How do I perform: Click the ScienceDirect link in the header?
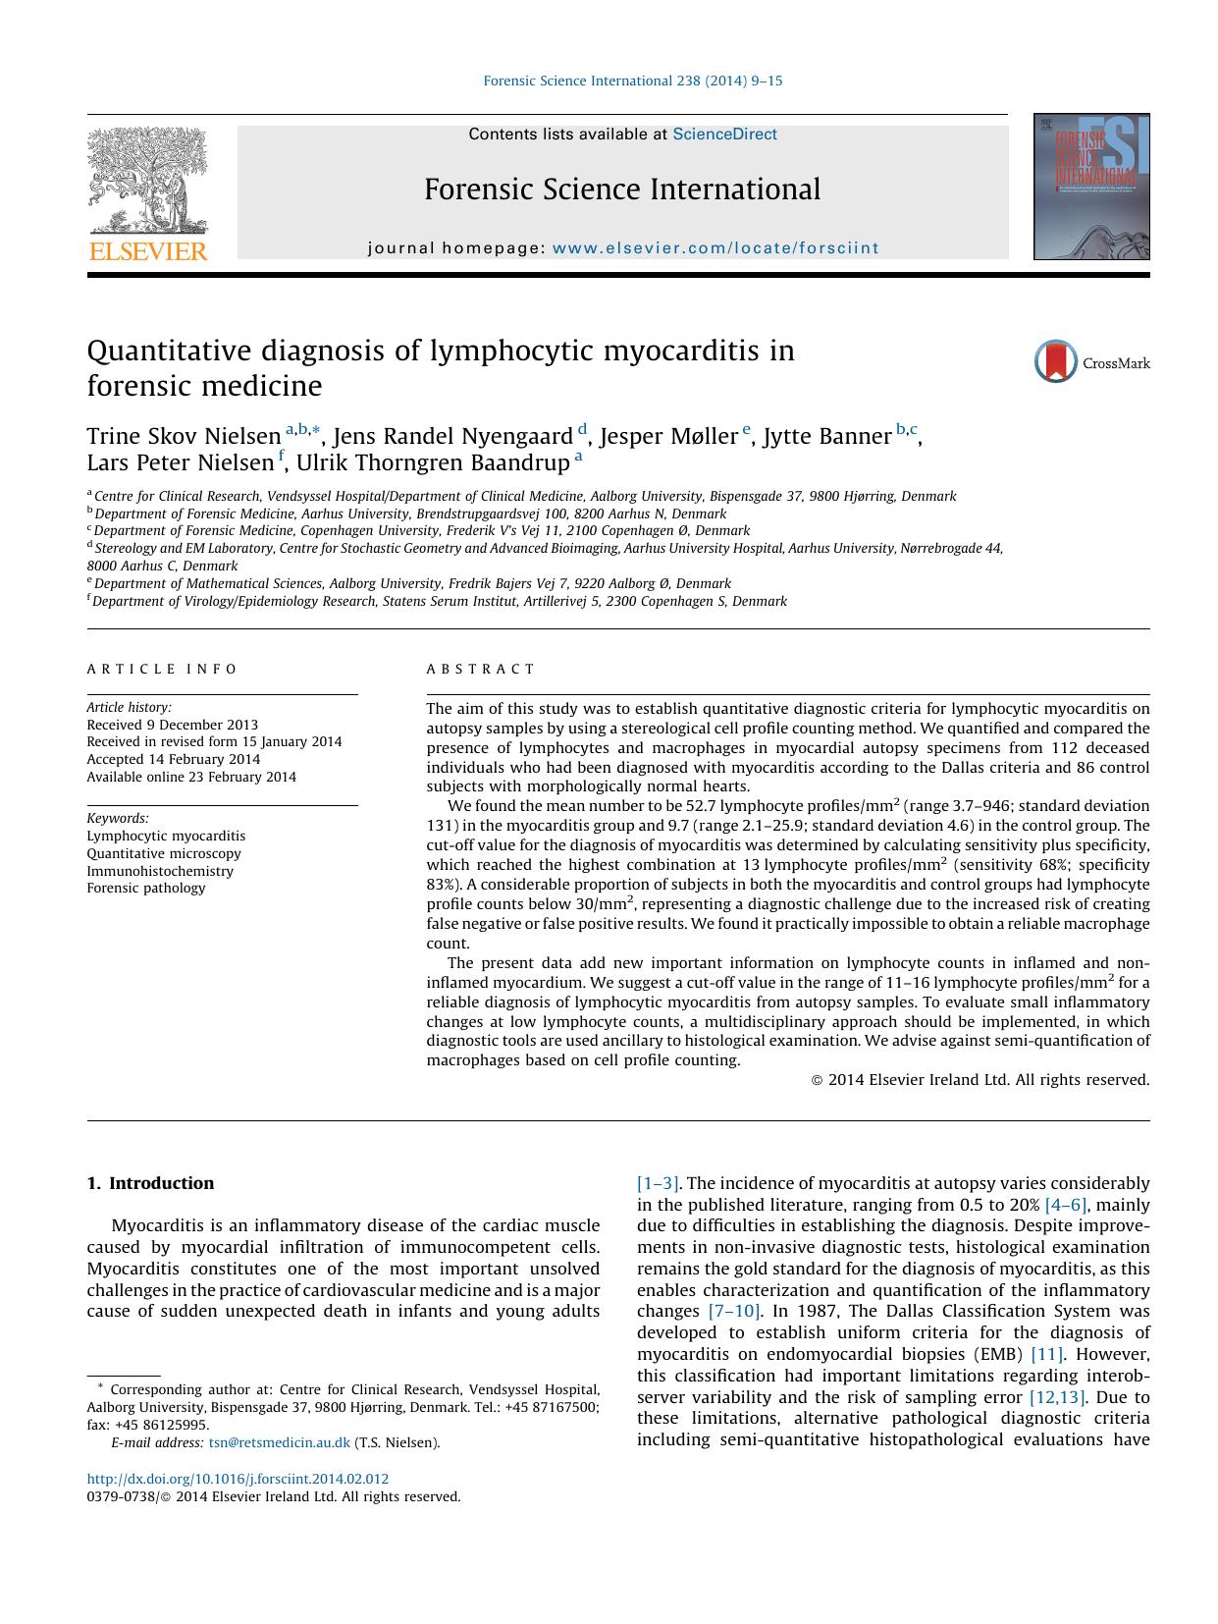tap(724, 135)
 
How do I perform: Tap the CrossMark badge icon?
tap(1056, 362)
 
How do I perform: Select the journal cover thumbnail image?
tap(1090, 187)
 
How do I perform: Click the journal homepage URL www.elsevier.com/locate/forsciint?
tap(715, 248)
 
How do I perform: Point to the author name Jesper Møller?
tap(668, 437)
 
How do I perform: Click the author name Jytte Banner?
tap(826, 437)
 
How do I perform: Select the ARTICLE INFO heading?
tap(162, 670)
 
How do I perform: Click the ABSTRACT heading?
tap(480, 670)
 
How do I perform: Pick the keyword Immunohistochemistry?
tap(160, 871)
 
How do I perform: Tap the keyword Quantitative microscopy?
tap(164, 853)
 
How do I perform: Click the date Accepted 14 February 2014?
tap(174, 759)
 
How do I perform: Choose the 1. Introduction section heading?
tap(150, 1183)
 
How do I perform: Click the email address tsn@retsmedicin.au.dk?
tap(280, 1442)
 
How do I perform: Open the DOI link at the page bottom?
tap(238, 1479)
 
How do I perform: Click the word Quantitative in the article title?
tap(169, 352)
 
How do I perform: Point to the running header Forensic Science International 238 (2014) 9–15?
tap(633, 81)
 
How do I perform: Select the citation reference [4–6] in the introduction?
tap(1065, 1205)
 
